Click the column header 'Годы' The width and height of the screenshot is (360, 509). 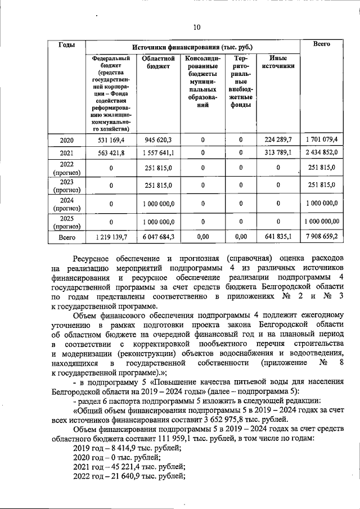point(68,44)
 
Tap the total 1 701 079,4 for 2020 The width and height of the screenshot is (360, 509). point(322,139)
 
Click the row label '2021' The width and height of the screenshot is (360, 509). point(68,153)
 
